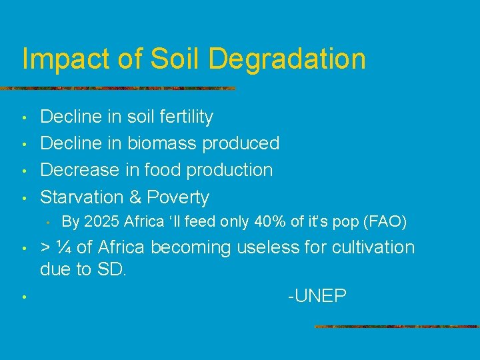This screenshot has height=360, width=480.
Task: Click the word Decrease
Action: coord(80,170)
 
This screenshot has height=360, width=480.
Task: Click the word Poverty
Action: coord(178,198)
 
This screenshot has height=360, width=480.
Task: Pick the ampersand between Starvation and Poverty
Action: coord(135,197)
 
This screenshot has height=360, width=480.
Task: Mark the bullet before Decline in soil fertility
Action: coord(23,119)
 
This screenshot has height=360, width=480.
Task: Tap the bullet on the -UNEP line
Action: coord(23,297)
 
